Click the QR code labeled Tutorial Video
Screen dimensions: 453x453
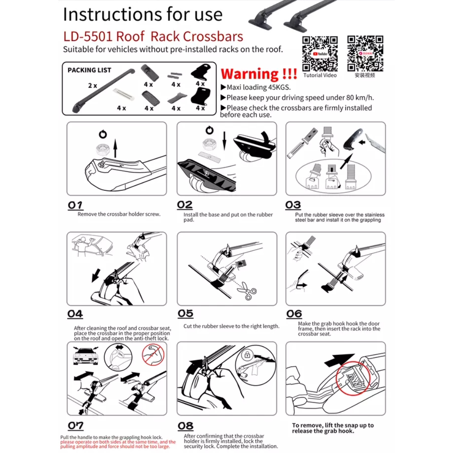point(320,53)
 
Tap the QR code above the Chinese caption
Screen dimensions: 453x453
point(365,53)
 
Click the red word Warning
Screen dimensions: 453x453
point(250,74)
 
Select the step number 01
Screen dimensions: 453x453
point(75,205)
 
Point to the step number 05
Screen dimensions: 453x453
point(185,313)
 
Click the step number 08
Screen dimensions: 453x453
point(185,426)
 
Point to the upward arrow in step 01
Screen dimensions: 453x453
point(115,148)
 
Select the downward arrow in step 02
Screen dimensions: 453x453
point(224,141)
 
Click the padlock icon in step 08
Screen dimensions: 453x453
point(247,354)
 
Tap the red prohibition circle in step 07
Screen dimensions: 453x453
point(153,354)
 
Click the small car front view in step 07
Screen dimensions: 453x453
point(86,356)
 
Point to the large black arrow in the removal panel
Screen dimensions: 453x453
point(339,359)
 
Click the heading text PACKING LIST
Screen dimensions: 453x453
point(89,70)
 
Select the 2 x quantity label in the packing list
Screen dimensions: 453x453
point(92,86)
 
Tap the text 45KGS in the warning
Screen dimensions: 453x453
point(279,87)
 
